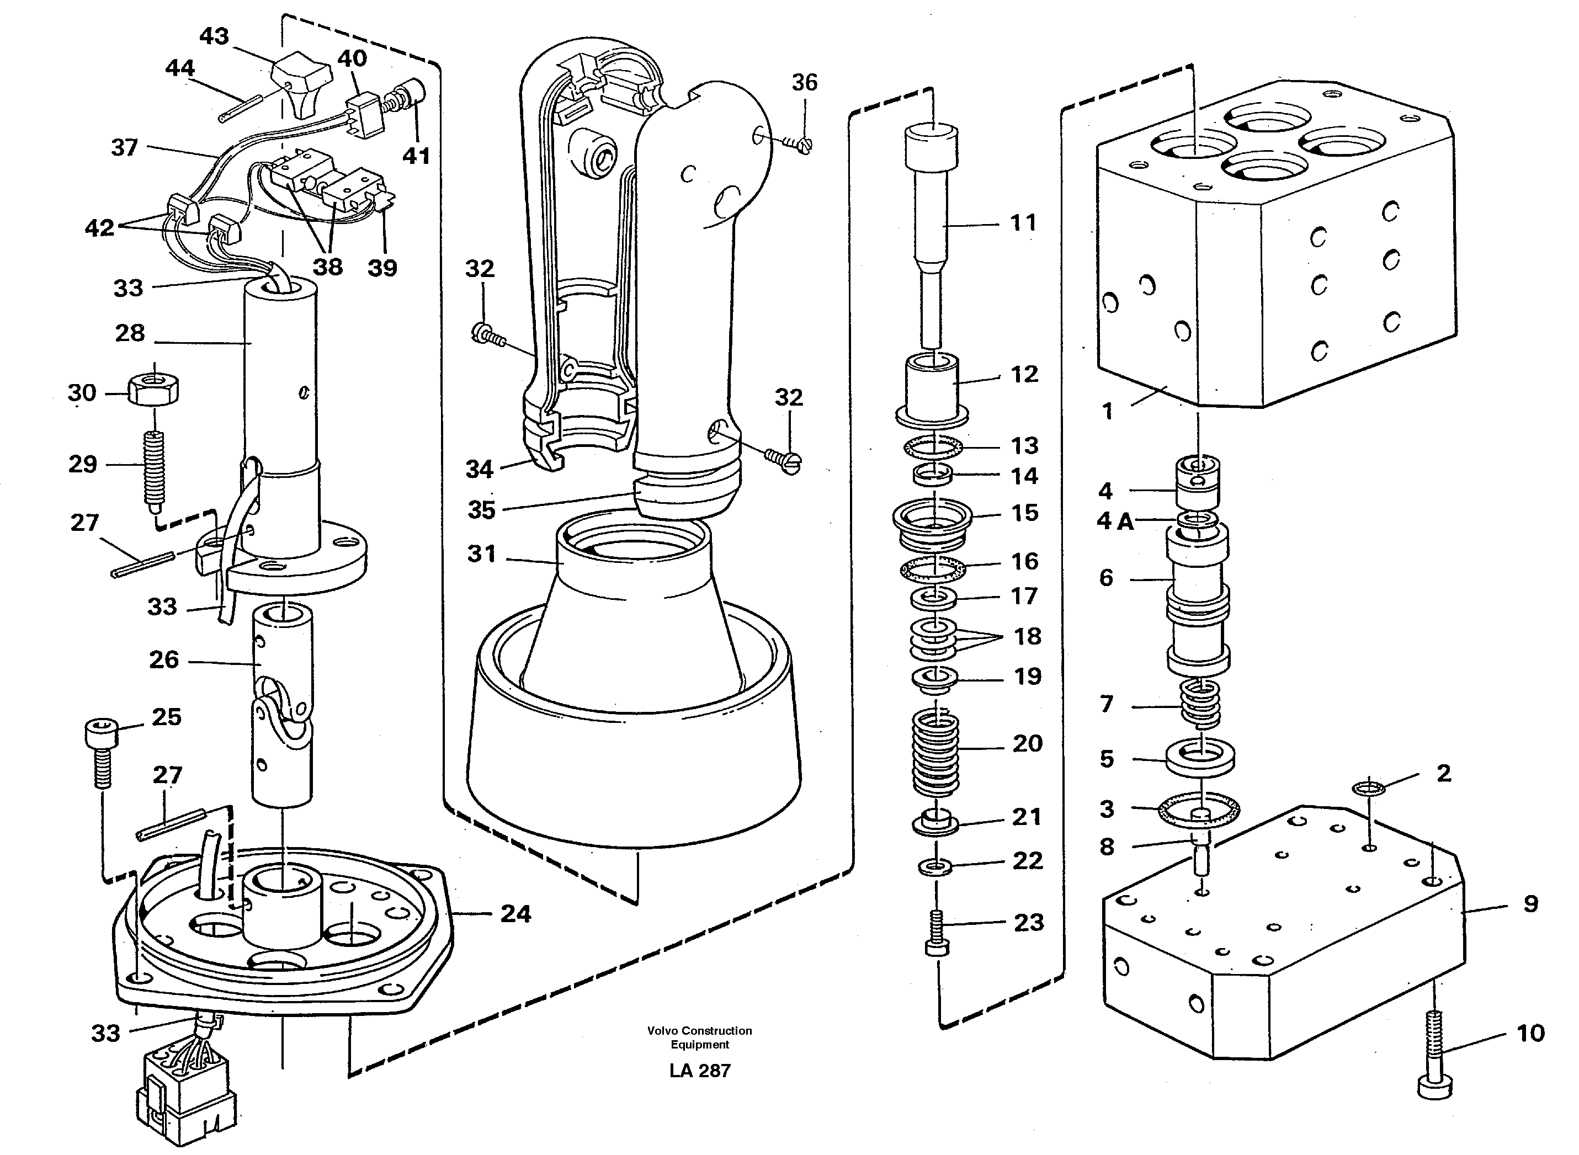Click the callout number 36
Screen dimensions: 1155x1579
pyautogui.click(x=804, y=83)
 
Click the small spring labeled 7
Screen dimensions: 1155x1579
pyautogui.click(x=1200, y=704)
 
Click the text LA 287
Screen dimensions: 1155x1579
pyautogui.click(x=699, y=1071)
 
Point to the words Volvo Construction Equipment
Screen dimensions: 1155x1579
pyautogui.click(x=699, y=1037)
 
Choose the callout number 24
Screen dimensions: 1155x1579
pyautogui.click(x=515, y=913)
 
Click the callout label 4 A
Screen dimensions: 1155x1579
pyautogui.click(x=1115, y=521)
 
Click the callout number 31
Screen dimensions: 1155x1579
pyautogui.click(x=481, y=553)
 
